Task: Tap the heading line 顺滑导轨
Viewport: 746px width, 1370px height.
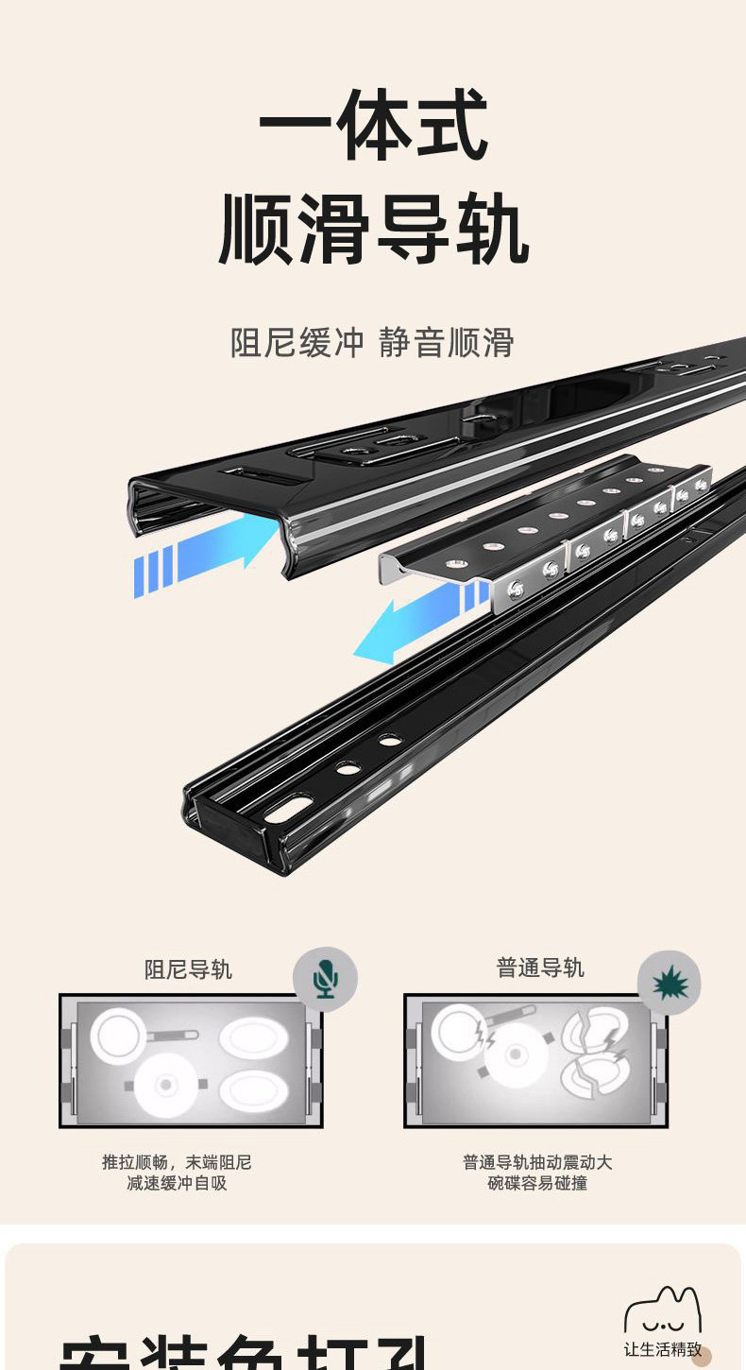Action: click(373, 230)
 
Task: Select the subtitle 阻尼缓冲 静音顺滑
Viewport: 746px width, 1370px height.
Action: click(372, 342)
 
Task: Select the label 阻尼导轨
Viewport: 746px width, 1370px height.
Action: click(188, 969)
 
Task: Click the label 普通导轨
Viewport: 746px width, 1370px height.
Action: click(540, 968)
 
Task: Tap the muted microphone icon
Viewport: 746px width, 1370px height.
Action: click(325, 979)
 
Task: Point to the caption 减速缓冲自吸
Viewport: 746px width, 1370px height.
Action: click(178, 1183)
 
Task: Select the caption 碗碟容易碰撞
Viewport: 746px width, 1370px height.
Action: click(537, 1183)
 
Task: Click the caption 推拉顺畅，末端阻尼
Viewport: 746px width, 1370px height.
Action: click(178, 1162)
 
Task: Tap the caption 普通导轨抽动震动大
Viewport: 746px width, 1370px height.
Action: click(537, 1162)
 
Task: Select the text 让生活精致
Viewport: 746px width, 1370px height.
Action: click(662, 1349)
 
